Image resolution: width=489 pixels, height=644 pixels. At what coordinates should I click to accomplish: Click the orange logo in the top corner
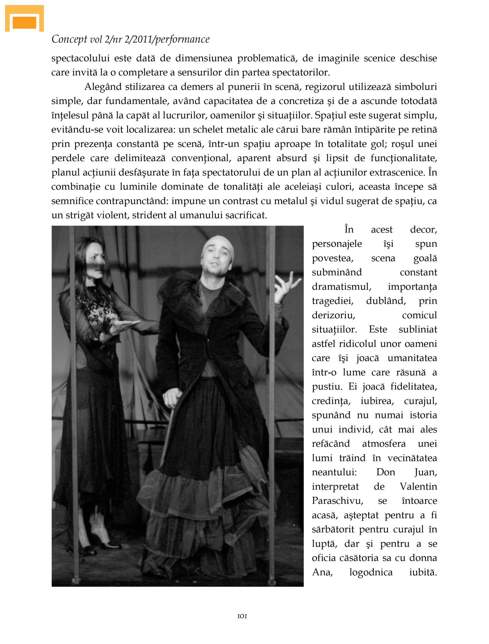point(24,19)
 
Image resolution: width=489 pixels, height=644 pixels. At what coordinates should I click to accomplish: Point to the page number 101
point(242,616)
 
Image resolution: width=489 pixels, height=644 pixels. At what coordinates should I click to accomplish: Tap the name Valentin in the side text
point(418,486)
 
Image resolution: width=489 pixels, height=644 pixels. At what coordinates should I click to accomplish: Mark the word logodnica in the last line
point(371,572)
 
